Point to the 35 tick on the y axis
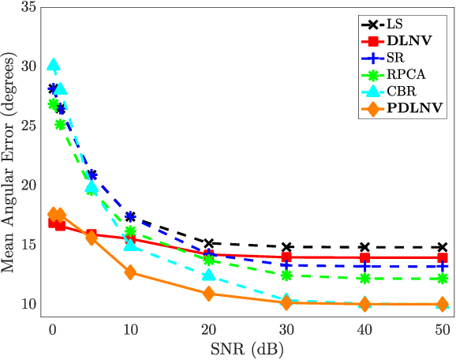pyautogui.click(x=29, y=7)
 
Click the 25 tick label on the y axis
pyautogui.click(x=29, y=126)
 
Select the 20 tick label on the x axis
pyautogui.click(x=208, y=327)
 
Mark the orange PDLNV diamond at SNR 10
pyautogui.click(x=130, y=272)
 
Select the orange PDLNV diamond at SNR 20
pyautogui.click(x=208, y=294)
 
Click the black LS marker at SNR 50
pyautogui.click(x=443, y=248)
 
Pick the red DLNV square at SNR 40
pyautogui.click(x=364, y=258)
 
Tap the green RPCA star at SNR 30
pyautogui.click(x=286, y=275)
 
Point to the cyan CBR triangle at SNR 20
pyautogui.click(x=208, y=275)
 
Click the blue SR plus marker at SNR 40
pyautogui.click(x=364, y=266)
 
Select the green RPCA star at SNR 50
pyautogui.click(x=443, y=278)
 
